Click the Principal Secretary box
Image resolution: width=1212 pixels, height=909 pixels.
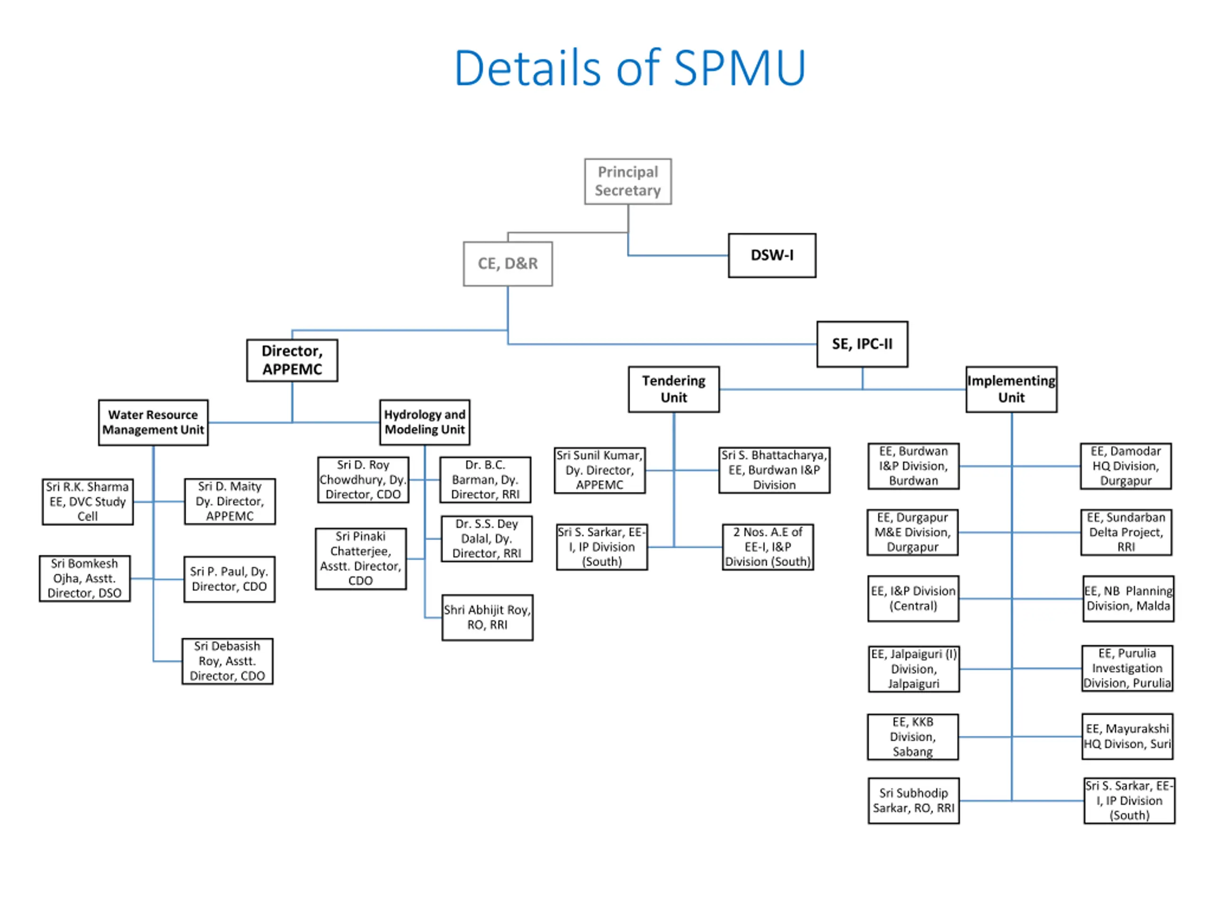click(x=628, y=181)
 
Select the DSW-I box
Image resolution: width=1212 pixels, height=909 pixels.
click(x=772, y=255)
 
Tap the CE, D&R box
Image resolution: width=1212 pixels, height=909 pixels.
click(x=508, y=264)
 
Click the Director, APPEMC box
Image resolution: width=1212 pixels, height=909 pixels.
click(x=292, y=360)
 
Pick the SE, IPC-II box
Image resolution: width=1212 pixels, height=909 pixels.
click(x=863, y=344)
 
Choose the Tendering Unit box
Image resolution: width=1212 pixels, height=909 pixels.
click(x=674, y=389)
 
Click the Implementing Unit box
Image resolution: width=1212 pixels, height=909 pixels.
click(x=1011, y=389)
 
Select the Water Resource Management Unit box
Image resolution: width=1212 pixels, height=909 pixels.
click(x=153, y=422)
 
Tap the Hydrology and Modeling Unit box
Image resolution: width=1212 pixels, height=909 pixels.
click(x=425, y=422)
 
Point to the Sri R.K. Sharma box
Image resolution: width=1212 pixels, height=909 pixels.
click(x=88, y=501)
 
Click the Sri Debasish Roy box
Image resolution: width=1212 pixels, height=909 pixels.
click(x=227, y=661)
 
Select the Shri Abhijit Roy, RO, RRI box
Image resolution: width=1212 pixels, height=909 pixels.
click(x=488, y=617)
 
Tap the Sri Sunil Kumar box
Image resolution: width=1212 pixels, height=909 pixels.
click(x=600, y=470)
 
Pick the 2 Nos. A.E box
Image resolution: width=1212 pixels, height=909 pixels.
click(x=768, y=547)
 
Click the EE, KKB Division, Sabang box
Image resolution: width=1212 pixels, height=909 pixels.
click(x=913, y=737)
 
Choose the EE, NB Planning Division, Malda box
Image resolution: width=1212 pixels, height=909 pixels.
click(x=1129, y=598)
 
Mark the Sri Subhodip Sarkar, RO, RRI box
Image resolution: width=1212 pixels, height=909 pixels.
click(x=914, y=801)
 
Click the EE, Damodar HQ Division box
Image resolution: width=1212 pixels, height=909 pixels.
click(x=1126, y=466)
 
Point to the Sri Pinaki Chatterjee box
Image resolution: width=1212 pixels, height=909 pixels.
click(x=361, y=558)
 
